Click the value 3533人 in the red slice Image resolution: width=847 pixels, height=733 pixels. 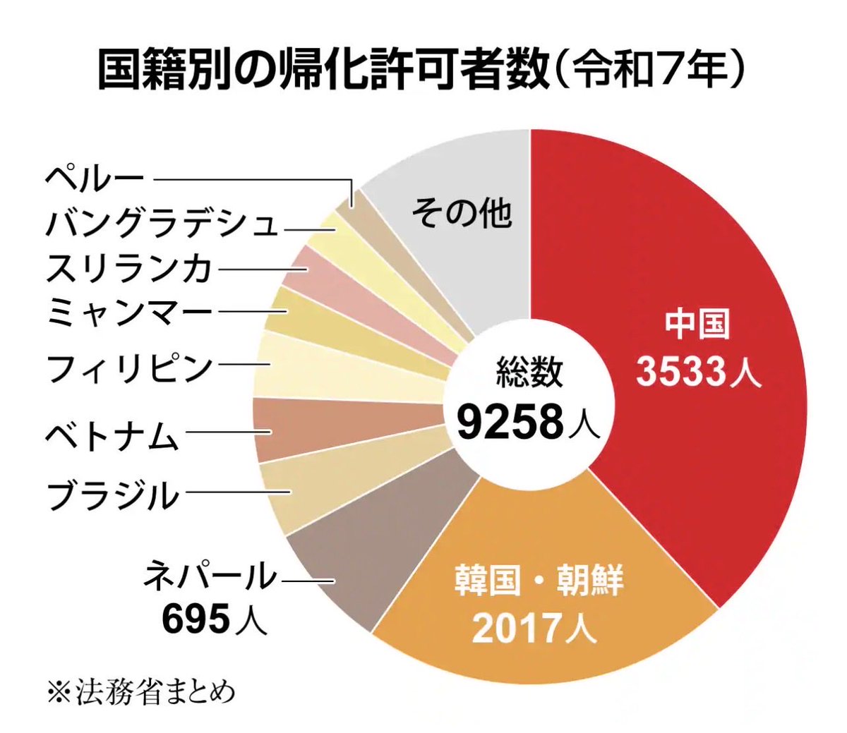699,372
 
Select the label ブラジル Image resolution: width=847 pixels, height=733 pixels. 113,495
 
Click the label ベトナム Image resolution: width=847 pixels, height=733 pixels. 113,432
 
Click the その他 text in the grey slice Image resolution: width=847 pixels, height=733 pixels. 462,212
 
